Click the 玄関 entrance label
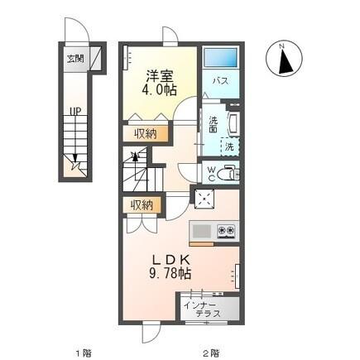(74, 60)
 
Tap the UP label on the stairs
(74, 111)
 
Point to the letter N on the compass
(282, 46)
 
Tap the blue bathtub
(220, 59)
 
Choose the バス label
(221, 81)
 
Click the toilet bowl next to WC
(229, 172)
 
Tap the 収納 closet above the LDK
(142, 204)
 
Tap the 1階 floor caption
(83, 352)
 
